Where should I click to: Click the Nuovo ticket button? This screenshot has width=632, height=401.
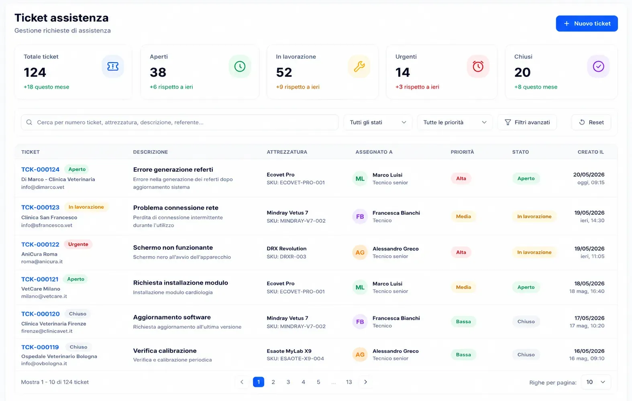click(x=587, y=23)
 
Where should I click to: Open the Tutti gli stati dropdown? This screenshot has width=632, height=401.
click(x=377, y=122)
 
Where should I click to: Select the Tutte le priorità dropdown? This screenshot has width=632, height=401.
click(x=455, y=122)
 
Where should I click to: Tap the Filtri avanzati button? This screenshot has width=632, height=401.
click(x=527, y=122)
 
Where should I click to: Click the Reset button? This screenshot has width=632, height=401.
click(x=591, y=122)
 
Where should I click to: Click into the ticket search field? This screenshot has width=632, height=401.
click(x=180, y=122)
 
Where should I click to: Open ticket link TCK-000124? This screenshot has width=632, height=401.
click(x=40, y=169)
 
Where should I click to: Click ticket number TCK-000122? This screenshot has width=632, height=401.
click(x=40, y=244)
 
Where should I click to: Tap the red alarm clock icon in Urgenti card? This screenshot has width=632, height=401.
click(x=478, y=67)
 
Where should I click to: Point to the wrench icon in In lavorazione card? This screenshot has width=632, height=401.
click(x=359, y=67)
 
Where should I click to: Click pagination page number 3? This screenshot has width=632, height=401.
click(x=288, y=382)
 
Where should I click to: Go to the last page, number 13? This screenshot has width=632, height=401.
click(x=349, y=382)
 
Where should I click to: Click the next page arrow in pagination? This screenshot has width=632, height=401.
click(x=365, y=382)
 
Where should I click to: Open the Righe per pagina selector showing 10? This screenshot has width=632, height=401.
click(x=595, y=382)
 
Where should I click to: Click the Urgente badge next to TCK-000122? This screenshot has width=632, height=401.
click(x=78, y=244)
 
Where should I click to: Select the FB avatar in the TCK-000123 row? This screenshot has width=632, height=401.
click(x=360, y=217)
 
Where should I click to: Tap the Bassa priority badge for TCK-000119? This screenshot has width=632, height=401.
click(x=463, y=354)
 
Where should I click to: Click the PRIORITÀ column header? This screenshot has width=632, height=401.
click(x=462, y=152)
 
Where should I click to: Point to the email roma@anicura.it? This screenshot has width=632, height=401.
click(x=42, y=261)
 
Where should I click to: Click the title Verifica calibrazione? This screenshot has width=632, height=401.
click(x=165, y=350)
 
